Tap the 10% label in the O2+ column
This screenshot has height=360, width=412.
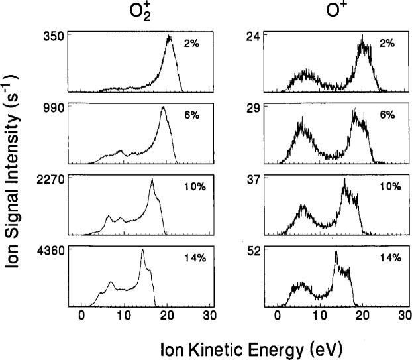[192, 186]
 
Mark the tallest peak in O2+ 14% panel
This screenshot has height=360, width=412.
[142, 251]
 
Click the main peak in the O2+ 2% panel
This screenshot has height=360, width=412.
[170, 38]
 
